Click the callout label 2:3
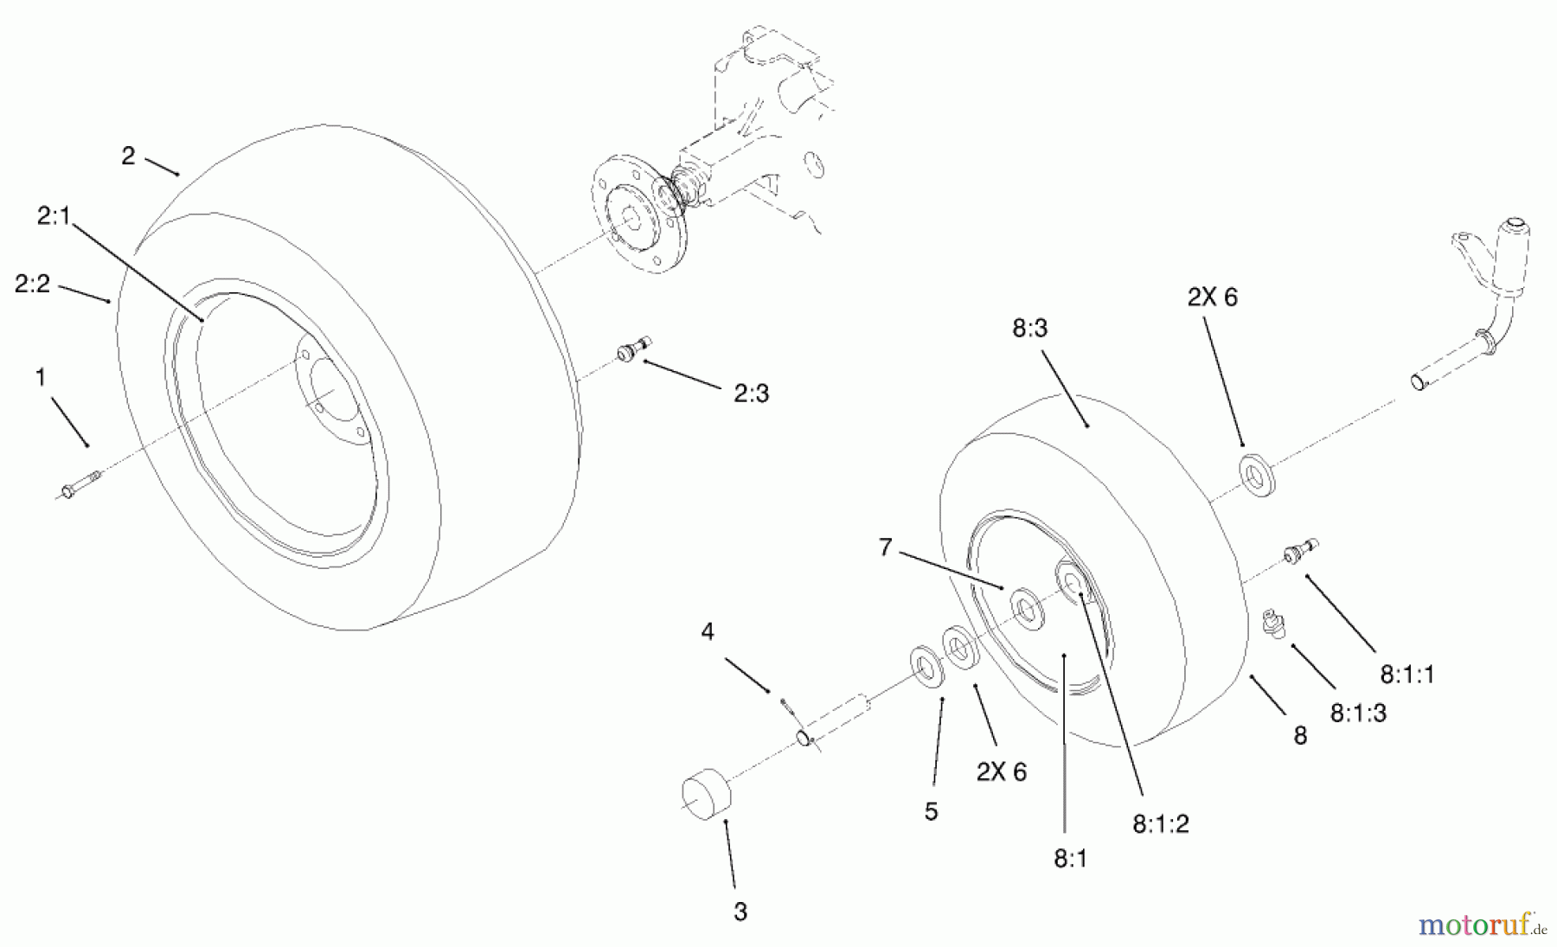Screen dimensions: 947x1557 coord(750,394)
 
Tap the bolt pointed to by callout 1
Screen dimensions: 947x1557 coord(79,484)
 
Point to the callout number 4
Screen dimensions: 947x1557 coord(707,632)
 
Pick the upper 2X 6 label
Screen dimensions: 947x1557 coord(1212,298)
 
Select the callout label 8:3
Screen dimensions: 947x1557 coord(1028,329)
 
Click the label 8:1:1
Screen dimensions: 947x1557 coord(1406,674)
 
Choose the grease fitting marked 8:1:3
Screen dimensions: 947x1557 coord(1275,623)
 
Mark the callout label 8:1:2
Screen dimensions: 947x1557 coord(1160,824)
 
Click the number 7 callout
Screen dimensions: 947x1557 coord(884,547)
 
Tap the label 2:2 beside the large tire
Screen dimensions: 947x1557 coord(32,284)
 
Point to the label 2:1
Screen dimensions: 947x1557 coord(54,216)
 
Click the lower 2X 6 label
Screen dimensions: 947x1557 coord(1001,772)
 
